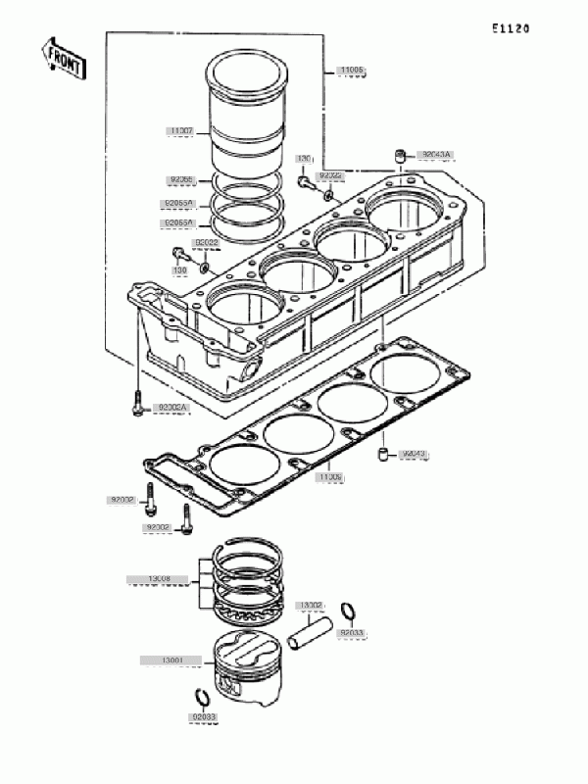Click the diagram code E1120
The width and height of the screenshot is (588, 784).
pyautogui.click(x=511, y=28)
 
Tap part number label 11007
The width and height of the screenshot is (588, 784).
pyautogui.click(x=183, y=130)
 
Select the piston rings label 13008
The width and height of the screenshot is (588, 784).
pyautogui.click(x=159, y=579)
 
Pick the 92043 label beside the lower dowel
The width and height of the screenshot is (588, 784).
pyautogui.click(x=416, y=454)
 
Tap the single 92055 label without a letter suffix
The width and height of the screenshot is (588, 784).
pyautogui.click(x=183, y=180)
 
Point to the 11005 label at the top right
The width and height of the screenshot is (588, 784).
pyautogui.click(x=352, y=71)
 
